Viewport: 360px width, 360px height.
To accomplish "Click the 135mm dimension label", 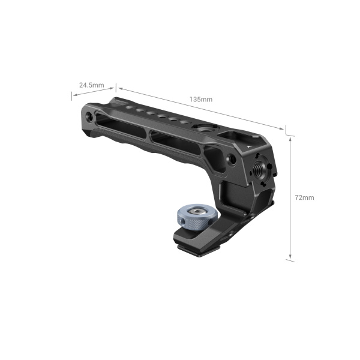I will tap(200, 98).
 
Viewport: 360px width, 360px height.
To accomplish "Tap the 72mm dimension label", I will tap(305, 197).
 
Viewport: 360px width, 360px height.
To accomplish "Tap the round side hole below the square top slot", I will tap(232, 160).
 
